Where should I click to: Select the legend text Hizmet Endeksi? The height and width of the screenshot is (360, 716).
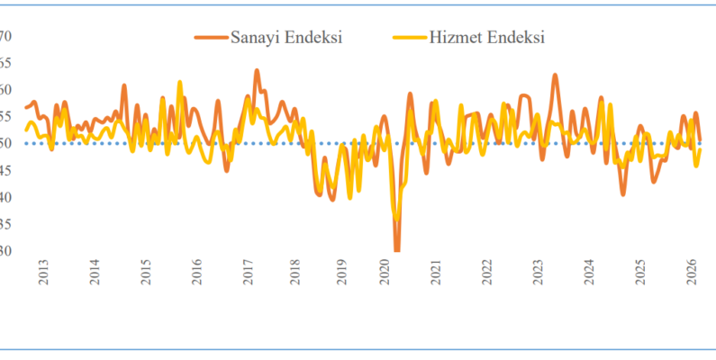(x=487, y=37)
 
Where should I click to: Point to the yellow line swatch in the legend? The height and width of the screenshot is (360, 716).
(x=411, y=38)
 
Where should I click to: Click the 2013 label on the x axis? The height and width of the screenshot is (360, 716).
(x=43, y=274)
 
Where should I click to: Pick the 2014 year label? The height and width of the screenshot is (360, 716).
(x=95, y=274)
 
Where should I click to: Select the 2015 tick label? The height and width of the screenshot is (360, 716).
(x=145, y=274)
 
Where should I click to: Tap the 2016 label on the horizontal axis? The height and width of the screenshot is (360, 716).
(x=195, y=274)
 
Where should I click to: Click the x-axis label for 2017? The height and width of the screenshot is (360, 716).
(x=246, y=274)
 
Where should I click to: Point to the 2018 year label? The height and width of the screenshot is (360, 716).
(x=295, y=274)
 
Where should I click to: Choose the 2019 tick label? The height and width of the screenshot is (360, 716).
(x=342, y=274)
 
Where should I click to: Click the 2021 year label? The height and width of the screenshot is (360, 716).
(x=437, y=274)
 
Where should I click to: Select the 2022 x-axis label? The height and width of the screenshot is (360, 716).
(x=487, y=274)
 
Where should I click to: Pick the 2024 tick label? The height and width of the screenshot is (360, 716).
(x=589, y=274)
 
